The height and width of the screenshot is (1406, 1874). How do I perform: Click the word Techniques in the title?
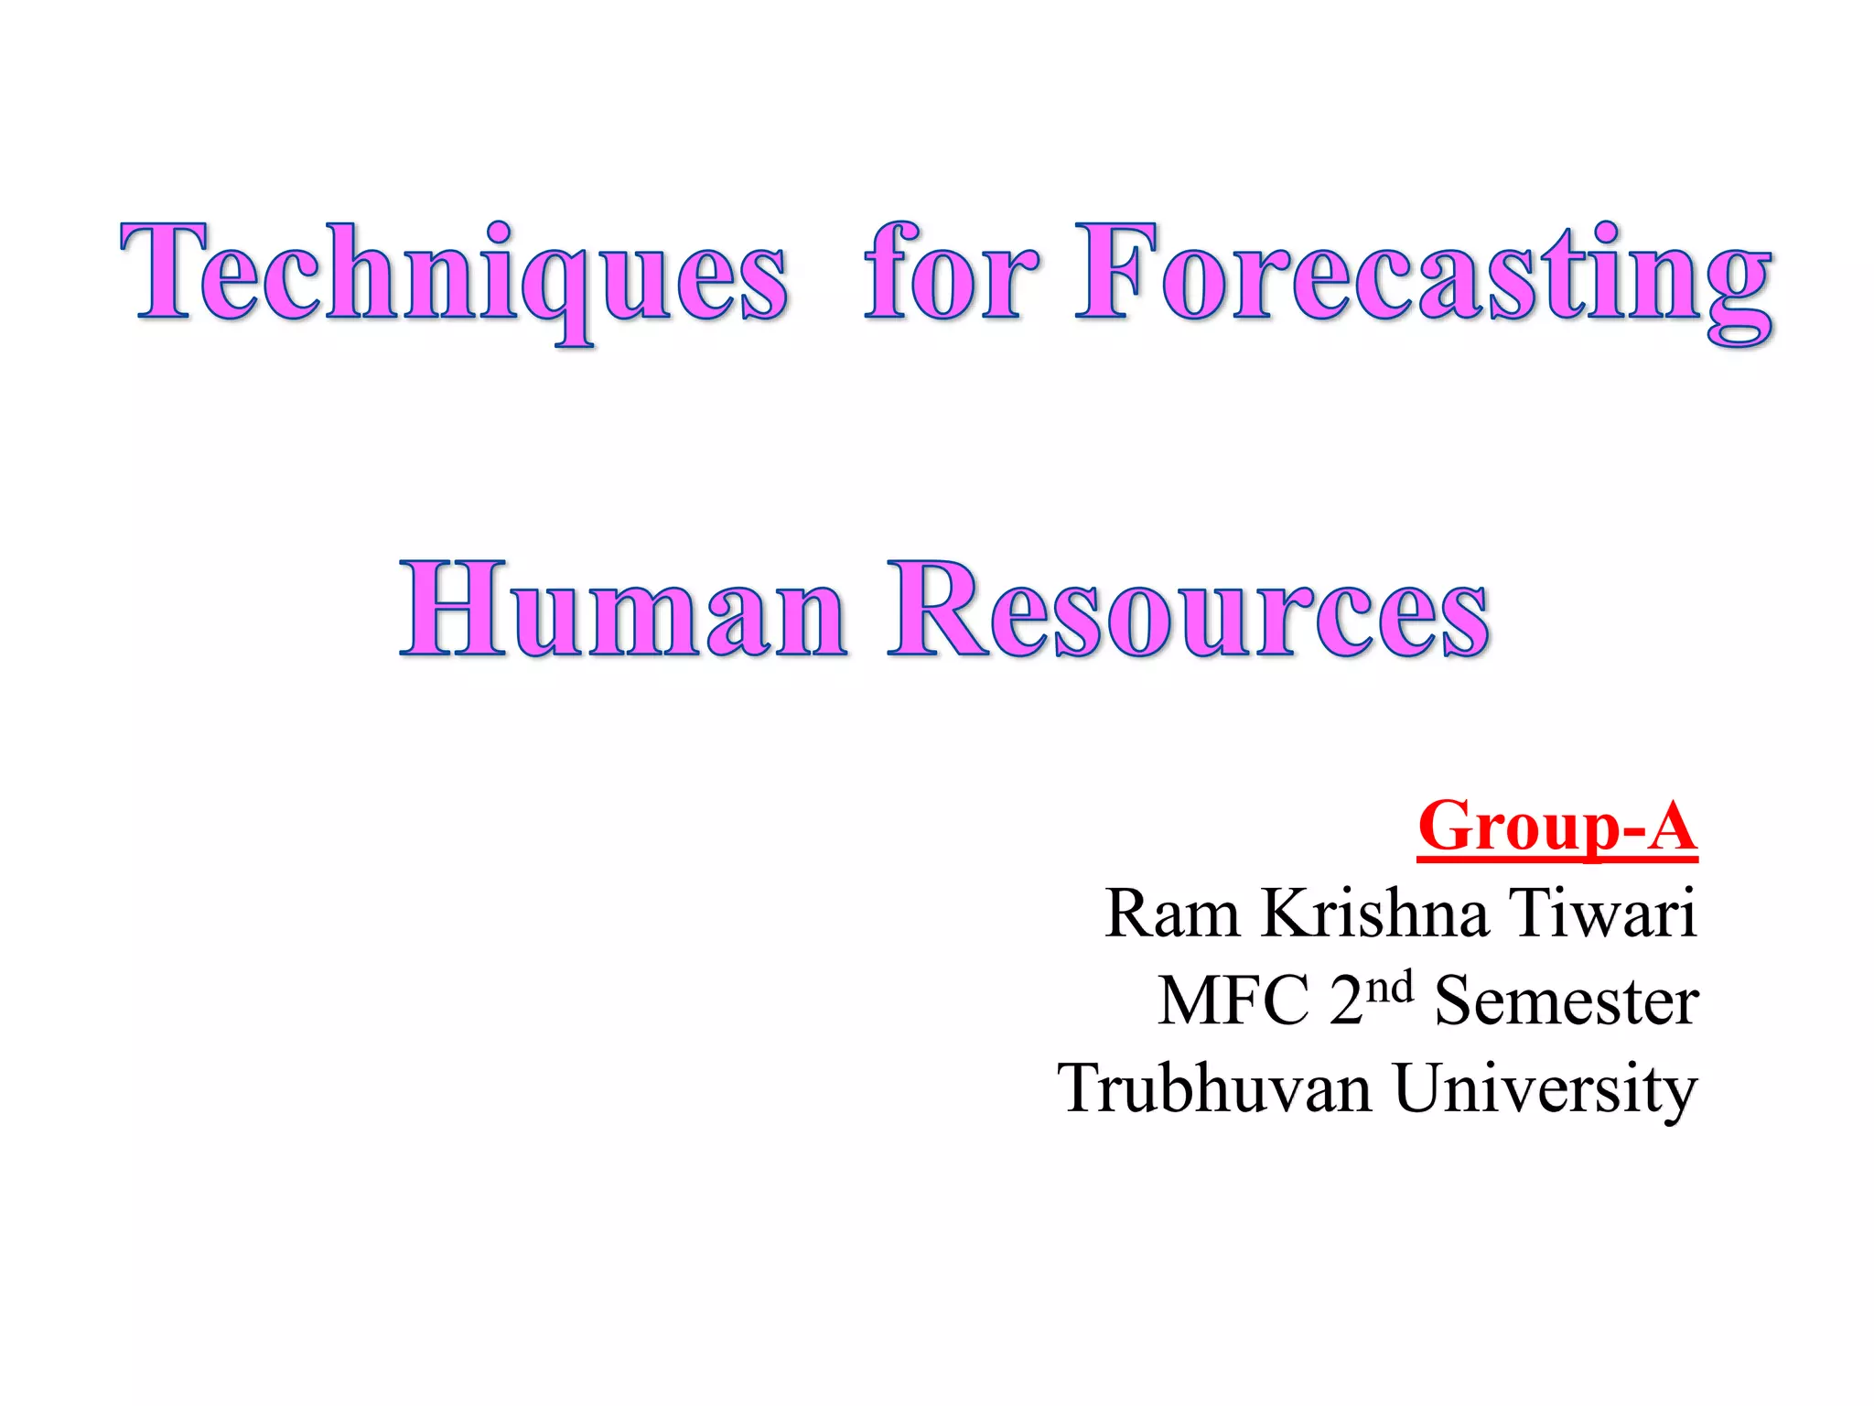click(454, 275)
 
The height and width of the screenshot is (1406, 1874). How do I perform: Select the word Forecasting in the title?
click(1424, 275)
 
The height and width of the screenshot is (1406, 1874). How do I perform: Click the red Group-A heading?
click(1557, 826)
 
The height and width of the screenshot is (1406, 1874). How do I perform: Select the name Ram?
click(1172, 914)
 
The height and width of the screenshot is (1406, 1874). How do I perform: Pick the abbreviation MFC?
click(1233, 1001)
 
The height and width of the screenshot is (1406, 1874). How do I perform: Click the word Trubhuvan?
click(1215, 1089)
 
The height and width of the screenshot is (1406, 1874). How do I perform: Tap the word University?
click(1546, 1089)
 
